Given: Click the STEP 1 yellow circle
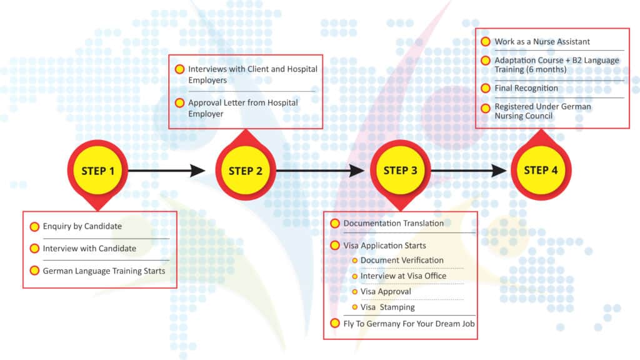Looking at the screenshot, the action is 97,171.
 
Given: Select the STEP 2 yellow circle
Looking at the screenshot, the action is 245,171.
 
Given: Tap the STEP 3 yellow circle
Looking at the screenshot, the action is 401,170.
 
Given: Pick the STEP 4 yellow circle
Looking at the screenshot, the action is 541,170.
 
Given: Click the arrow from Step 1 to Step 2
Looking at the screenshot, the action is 166,171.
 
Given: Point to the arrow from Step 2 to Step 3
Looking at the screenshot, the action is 320,171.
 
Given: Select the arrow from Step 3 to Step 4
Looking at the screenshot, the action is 469,171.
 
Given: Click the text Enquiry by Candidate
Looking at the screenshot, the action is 82,226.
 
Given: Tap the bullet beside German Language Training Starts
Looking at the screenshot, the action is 35,271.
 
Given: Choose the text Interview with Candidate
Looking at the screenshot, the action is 89,248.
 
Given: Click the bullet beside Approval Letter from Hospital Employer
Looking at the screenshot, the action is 179,103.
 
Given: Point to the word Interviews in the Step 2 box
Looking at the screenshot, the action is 207,69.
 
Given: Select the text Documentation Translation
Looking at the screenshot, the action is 394,223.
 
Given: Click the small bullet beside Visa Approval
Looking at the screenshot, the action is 355,292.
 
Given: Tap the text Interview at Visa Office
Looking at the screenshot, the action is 403,276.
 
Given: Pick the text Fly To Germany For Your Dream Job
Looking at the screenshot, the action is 409,324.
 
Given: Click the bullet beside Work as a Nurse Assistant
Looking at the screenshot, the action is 486,42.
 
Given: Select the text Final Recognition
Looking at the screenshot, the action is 526,88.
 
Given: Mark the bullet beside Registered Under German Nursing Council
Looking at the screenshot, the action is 486,108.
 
